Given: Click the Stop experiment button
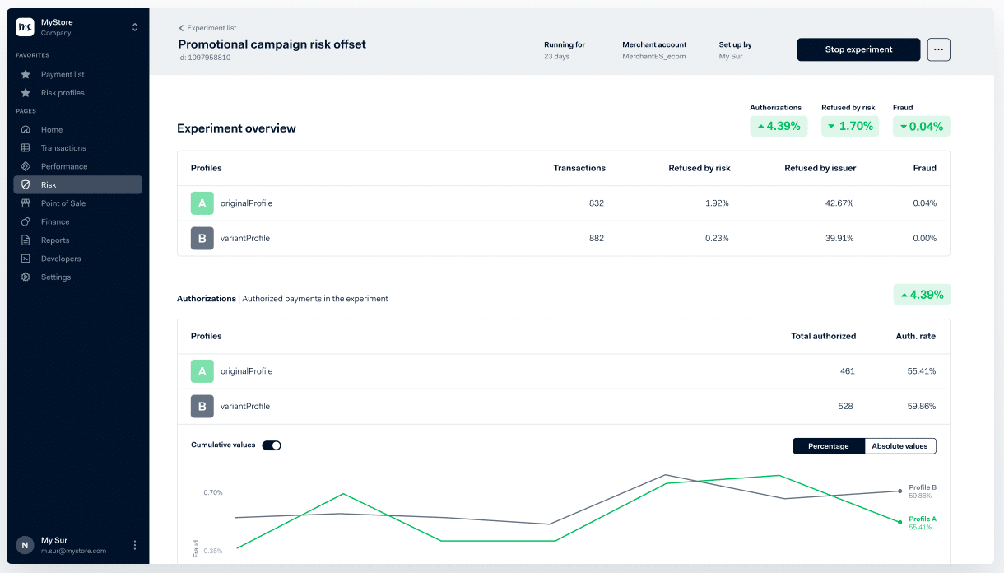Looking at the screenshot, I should [x=858, y=49].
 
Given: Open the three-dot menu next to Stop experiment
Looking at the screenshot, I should [x=938, y=49].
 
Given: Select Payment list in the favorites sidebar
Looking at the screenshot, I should [x=63, y=74].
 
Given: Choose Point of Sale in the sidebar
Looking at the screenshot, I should [x=63, y=203].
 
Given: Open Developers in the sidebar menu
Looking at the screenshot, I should [x=61, y=259].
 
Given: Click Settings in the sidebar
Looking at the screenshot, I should [x=56, y=277].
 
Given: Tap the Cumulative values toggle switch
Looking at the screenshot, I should [x=272, y=445].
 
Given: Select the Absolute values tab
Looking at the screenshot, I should [x=899, y=446].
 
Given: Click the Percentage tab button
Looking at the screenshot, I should [x=828, y=446].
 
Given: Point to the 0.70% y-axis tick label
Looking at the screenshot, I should [x=213, y=492].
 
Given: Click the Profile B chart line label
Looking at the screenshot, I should [x=922, y=487].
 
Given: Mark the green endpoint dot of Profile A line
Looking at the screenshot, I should [x=899, y=522].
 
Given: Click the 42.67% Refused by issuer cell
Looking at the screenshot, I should [x=840, y=203].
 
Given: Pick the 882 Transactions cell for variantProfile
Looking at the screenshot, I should [x=596, y=239].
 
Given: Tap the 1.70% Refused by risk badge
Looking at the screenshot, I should [x=849, y=126].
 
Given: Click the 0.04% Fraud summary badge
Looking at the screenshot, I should [x=921, y=126].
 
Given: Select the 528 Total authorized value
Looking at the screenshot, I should [x=845, y=407].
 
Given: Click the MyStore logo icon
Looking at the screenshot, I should [x=25, y=27].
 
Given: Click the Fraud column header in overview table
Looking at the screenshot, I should [x=924, y=168].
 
